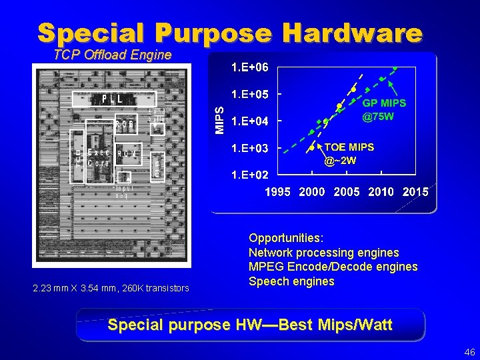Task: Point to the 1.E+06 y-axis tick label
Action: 250,67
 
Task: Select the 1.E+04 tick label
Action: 250,121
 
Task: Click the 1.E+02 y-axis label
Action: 250,175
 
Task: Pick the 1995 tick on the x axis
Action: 277,192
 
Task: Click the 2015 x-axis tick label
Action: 415,192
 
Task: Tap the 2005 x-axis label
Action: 346,192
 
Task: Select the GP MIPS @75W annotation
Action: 384,110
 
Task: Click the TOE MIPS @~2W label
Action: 349,153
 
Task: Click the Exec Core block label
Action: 98,157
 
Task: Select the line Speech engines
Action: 291,281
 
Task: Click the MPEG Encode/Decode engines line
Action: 333,267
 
